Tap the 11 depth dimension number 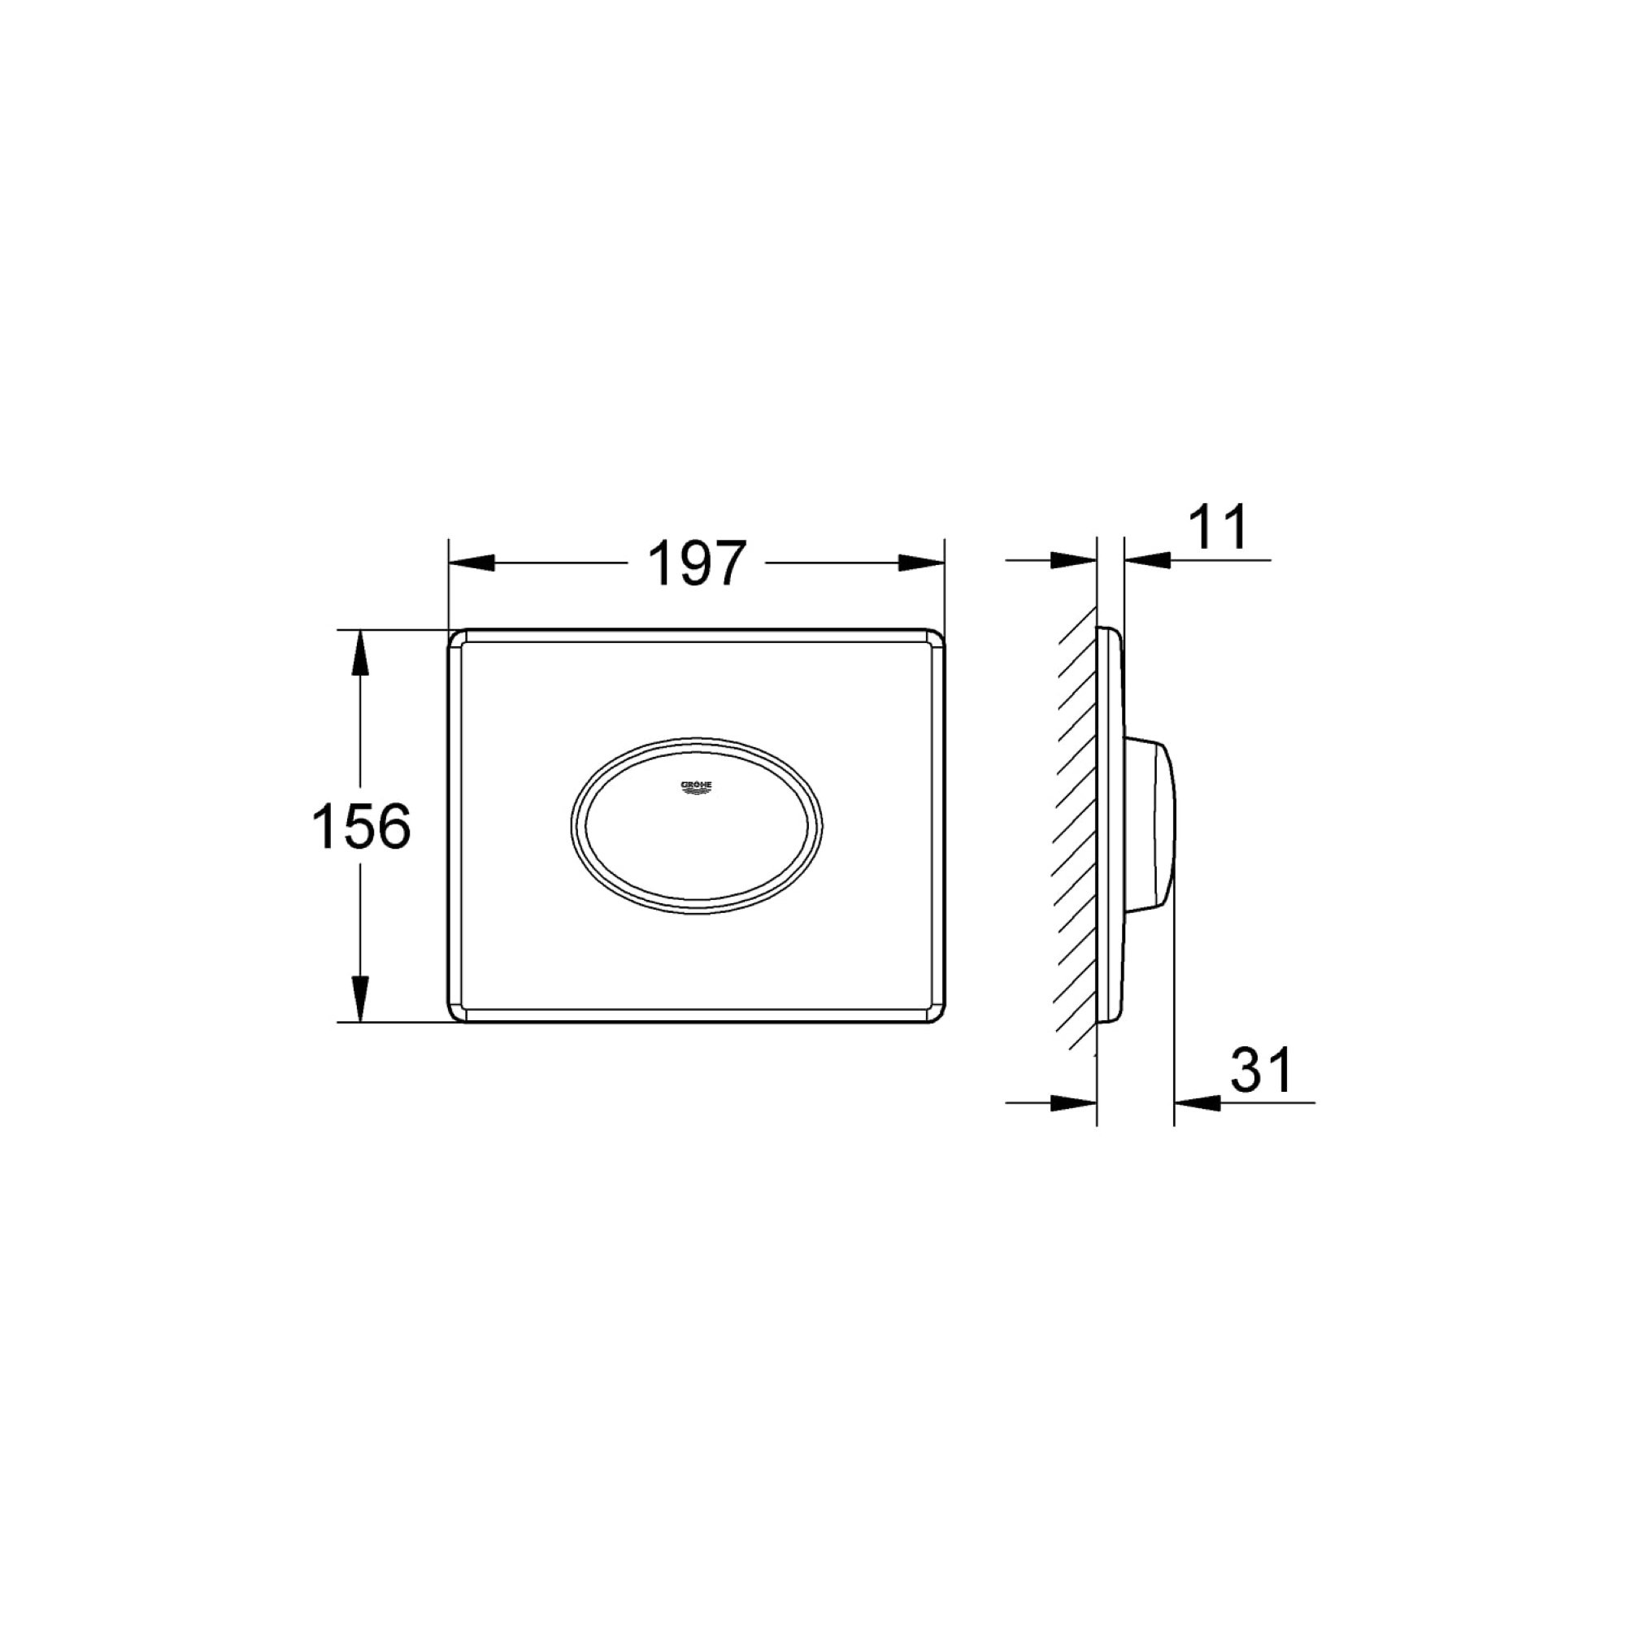[x=1219, y=528]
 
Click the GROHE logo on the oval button [x=696, y=786]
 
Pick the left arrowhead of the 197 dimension [x=472, y=563]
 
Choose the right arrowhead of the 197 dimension [x=923, y=563]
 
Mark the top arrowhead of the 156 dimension [x=360, y=652]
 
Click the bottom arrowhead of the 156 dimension [x=360, y=999]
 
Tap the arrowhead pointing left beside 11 [x=1146, y=558]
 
